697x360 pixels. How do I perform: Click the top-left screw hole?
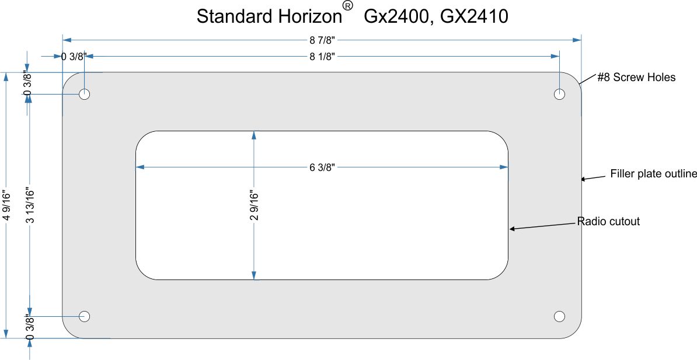pyautogui.click(x=85, y=94)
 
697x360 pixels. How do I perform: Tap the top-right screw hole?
pyautogui.click(x=560, y=94)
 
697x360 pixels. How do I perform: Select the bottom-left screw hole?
pyautogui.click(x=85, y=316)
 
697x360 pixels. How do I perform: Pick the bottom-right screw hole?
pyautogui.click(x=560, y=316)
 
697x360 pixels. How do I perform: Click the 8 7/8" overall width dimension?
pyautogui.click(x=322, y=40)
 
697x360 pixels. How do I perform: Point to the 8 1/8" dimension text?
pyautogui.click(x=322, y=57)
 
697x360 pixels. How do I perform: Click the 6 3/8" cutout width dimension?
pyautogui.click(x=322, y=167)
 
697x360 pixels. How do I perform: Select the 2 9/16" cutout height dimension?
pyautogui.click(x=254, y=205)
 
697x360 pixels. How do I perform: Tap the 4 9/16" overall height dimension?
pyautogui.click(x=6, y=205)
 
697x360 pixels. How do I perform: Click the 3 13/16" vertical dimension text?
pyautogui.click(x=30, y=205)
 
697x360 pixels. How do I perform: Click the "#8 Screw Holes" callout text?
pyautogui.click(x=636, y=78)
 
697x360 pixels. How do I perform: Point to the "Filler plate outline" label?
pyautogui.click(x=653, y=174)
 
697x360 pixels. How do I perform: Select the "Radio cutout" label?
pyautogui.click(x=608, y=221)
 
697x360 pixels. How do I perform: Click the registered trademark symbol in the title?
pyautogui.click(x=348, y=6)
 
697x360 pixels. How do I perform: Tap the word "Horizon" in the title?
pyautogui.click(x=311, y=17)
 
